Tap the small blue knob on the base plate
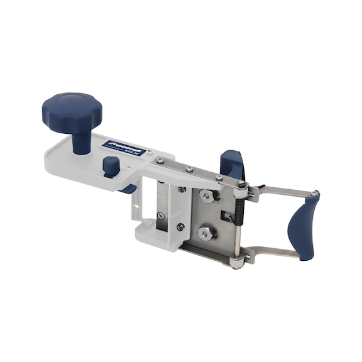pos(110,165)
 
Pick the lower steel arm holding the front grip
pos(277,253)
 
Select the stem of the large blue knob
pos(80,140)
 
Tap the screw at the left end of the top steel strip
pos(162,160)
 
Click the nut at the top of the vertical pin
pos(241,185)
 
